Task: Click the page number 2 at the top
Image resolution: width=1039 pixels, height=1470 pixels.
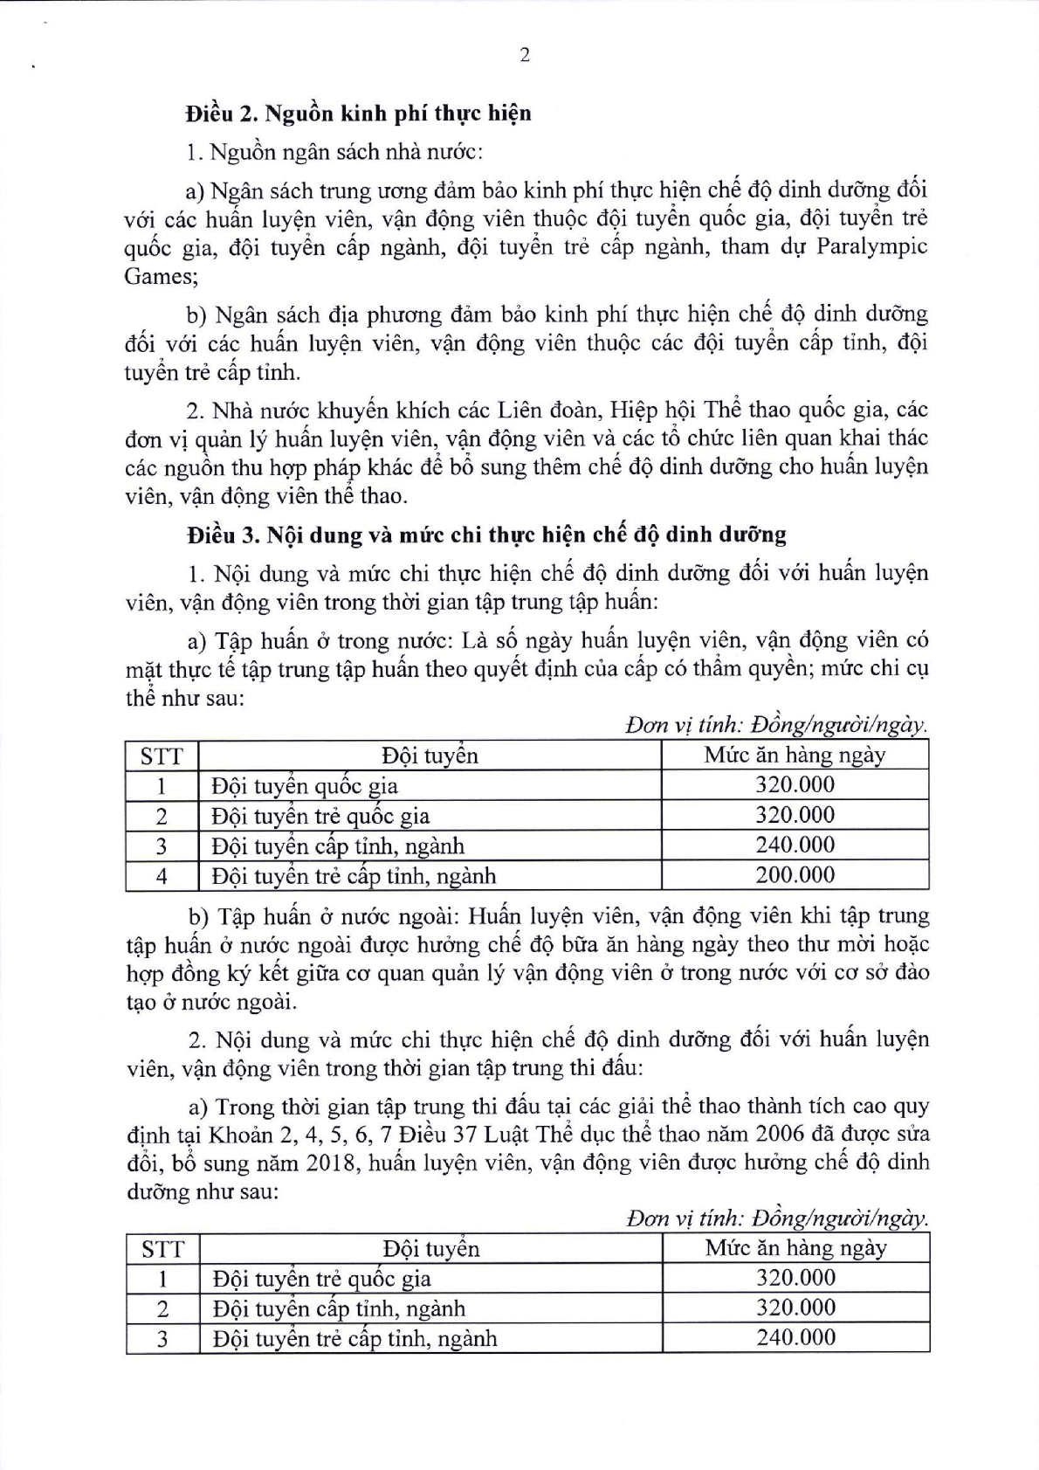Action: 525,55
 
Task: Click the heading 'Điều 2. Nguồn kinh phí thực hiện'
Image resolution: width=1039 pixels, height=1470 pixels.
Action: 358,114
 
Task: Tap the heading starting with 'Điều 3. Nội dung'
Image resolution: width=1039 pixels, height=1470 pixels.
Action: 485,534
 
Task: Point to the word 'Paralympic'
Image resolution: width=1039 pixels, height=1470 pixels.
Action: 871,246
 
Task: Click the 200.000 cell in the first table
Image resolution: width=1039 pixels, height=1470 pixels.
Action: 795,875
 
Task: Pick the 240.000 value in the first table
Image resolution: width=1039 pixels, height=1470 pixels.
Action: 795,845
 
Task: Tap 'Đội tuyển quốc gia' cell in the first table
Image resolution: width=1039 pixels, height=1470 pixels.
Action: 305,785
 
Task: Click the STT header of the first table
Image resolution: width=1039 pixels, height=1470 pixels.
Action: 162,756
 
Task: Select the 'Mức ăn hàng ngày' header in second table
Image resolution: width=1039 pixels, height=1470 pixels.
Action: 795,1247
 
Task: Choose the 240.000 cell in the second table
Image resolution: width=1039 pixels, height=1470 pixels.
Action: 795,1337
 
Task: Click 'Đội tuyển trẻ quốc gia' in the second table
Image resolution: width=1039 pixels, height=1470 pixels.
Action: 321,1279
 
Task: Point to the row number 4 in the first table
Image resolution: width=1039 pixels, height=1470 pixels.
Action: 162,875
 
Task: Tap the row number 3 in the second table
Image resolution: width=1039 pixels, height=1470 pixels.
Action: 162,1338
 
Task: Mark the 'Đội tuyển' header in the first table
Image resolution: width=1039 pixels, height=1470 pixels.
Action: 430,756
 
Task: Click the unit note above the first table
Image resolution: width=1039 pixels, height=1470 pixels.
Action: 776,726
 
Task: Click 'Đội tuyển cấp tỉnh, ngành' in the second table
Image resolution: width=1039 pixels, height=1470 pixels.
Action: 339,1308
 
